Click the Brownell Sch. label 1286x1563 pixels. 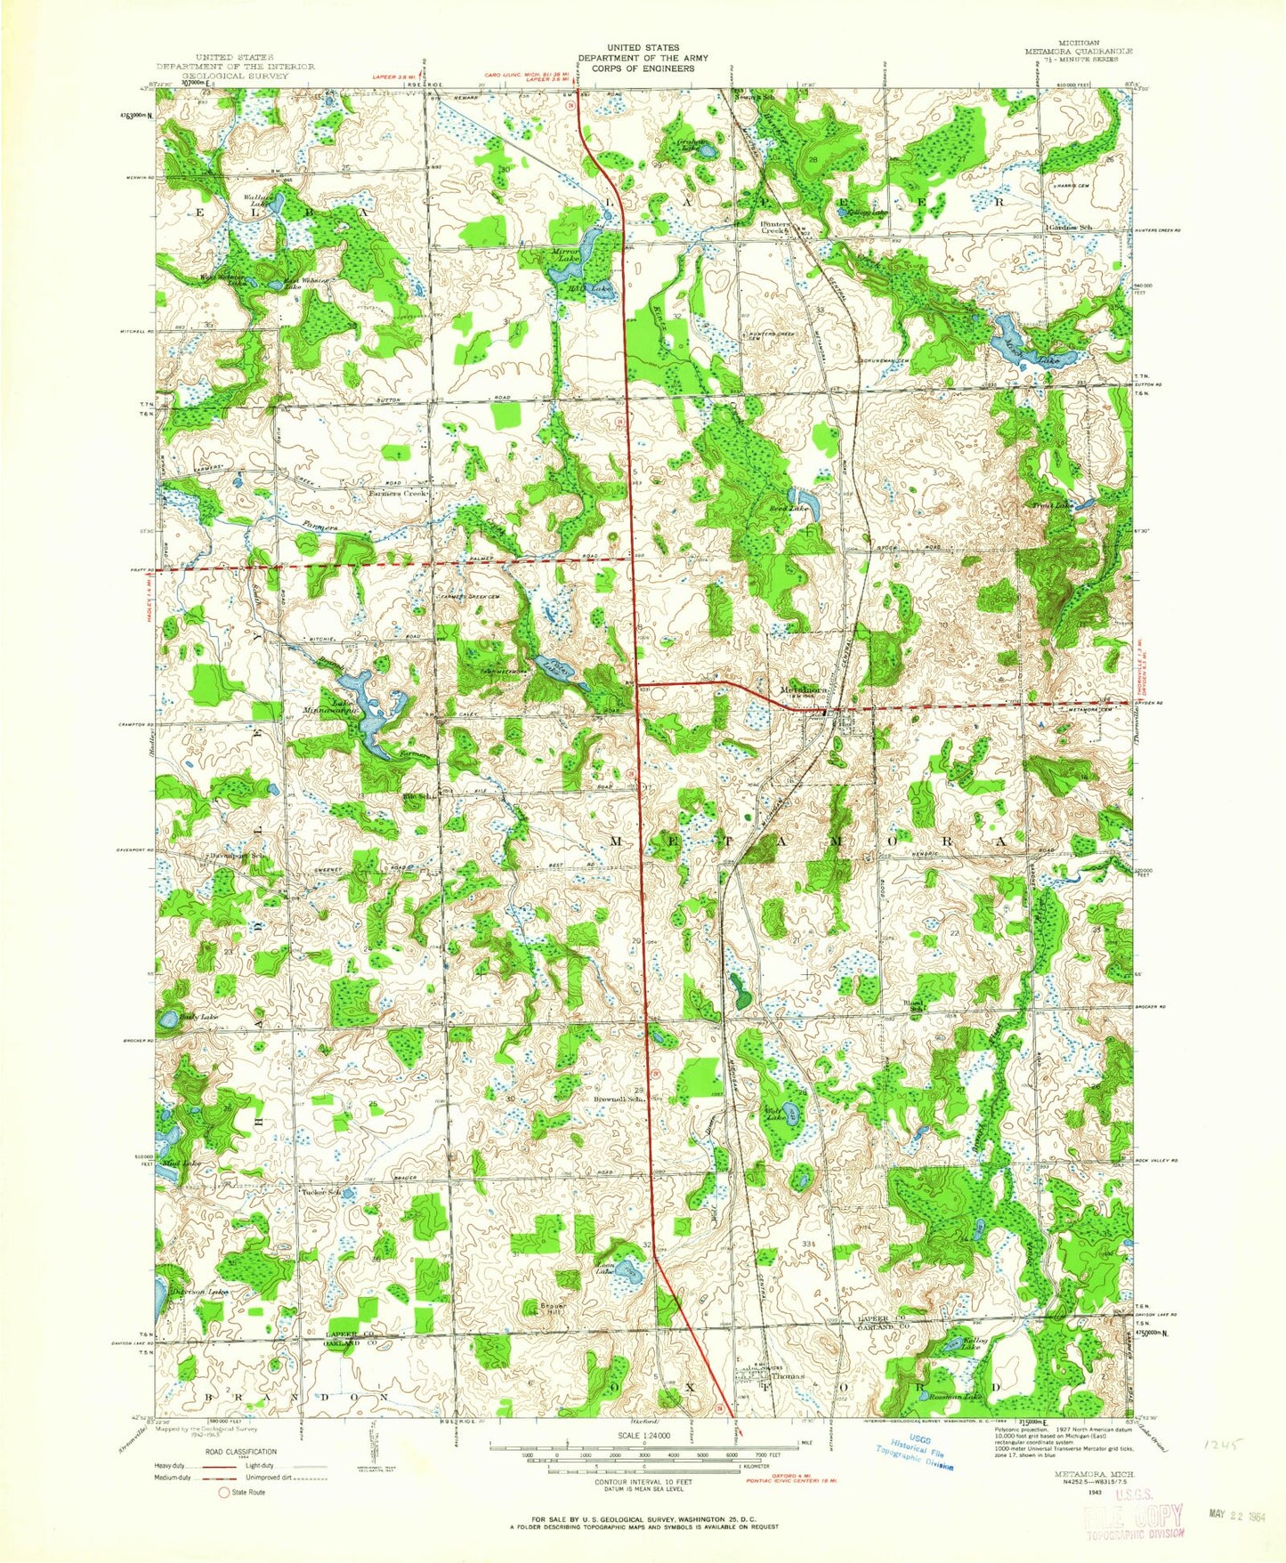coord(619,1100)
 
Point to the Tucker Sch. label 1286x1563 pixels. coord(321,1192)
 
